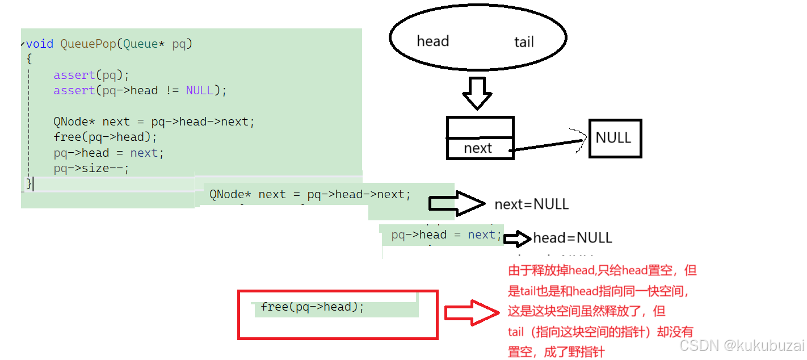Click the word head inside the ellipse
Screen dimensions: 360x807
point(432,41)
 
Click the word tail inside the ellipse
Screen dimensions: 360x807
point(524,42)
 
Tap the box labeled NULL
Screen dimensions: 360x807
point(615,138)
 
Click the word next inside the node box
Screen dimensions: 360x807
point(478,148)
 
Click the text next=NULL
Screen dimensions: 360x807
point(531,204)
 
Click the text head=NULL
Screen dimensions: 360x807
point(572,237)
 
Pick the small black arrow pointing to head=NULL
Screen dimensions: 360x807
point(517,238)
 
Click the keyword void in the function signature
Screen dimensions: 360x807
point(40,44)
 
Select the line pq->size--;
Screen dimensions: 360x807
point(91,169)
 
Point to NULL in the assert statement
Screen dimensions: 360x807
point(200,90)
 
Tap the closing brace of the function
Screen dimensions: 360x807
point(30,183)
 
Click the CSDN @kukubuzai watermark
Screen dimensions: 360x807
point(742,345)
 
